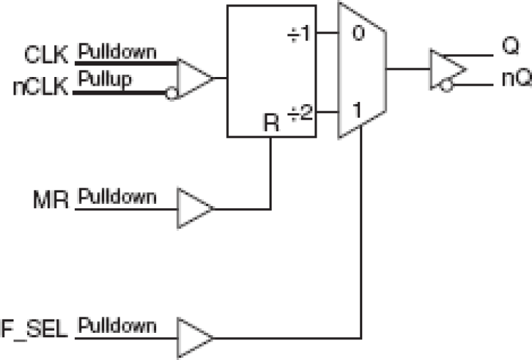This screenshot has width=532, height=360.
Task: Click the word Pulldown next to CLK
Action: [x=117, y=52]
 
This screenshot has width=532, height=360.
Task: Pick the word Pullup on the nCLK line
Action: [x=105, y=79]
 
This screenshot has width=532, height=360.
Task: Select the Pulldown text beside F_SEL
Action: [x=117, y=326]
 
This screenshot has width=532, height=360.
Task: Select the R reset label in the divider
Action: [x=270, y=122]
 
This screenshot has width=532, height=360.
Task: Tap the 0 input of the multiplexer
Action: [x=357, y=34]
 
